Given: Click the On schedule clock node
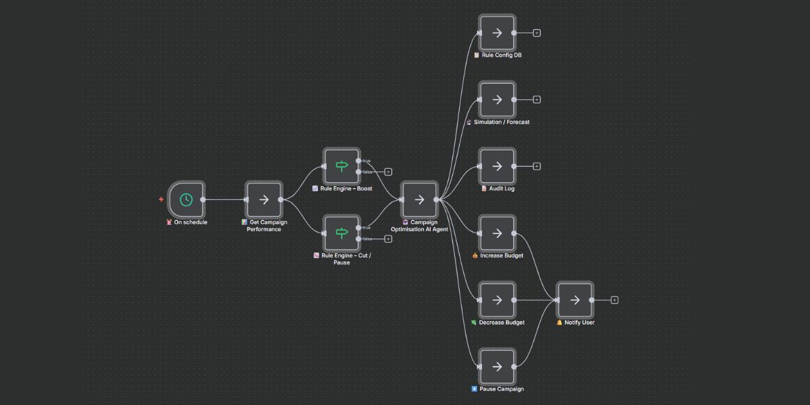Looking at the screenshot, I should coord(186,199).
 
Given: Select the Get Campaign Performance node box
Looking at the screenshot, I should coord(264,199).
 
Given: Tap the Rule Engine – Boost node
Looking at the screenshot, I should coord(342,166).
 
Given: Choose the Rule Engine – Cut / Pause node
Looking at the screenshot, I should coord(342,233).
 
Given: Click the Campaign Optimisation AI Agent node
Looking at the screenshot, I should coord(419,199).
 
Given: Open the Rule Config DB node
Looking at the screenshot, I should coord(497,32).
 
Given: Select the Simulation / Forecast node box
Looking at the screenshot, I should coord(497,99).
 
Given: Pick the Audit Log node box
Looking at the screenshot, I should coord(497,166).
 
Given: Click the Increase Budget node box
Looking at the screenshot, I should coord(497,233).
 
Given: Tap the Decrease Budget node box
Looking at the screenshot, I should coord(497,300).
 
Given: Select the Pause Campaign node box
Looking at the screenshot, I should coord(497,367).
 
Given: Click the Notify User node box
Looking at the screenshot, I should coord(575,300).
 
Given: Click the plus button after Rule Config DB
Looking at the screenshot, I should coord(537,32).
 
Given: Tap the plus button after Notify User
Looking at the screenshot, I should coord(614,300).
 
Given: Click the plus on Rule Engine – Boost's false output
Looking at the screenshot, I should coord(388,172).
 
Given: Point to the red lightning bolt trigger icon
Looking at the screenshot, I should coord(161,200).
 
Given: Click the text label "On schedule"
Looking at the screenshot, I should coord(190,222).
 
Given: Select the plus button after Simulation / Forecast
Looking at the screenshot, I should coord(537,99).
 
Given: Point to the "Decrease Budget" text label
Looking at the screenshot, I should coord(502,323).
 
